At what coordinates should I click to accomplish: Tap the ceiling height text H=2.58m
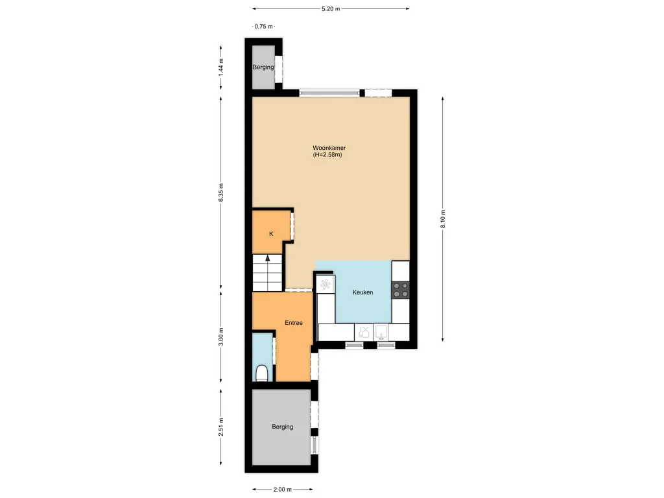(327, 155)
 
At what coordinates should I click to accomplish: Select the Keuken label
(362, 292)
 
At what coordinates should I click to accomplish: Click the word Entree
(293, 322)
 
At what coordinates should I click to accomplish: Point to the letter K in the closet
(270, 234)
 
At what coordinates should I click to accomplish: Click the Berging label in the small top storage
(263, 67)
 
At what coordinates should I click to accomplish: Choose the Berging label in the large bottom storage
(282, 427)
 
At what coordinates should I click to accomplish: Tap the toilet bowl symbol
(263, 373)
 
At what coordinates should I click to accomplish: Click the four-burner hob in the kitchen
(401, 289)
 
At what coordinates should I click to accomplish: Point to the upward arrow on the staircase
(267, 261)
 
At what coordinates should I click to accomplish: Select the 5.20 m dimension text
(331, 9)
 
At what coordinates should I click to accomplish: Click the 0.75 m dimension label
(263, 27)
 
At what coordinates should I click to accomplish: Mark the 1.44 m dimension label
(221, 67)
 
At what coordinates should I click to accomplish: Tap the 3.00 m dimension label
(221, 337)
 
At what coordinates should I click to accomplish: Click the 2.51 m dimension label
(221, 426)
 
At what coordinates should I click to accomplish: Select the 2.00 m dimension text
(282, 490)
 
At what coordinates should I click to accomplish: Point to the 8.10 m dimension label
(443, 219)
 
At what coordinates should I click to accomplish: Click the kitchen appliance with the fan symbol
(325, 283)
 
